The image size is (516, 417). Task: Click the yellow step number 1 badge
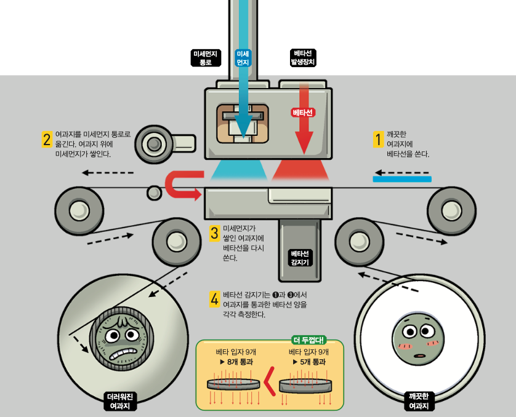click(379, 140)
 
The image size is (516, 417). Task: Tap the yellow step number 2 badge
click(47, 140)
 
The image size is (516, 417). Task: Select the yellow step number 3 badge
click(214, 233)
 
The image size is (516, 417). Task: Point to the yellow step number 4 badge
click(214, 299)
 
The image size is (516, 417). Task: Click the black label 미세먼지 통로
click(206, 58)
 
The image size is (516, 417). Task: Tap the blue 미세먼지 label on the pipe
click(243, 58)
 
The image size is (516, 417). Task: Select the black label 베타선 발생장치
click(303, 58)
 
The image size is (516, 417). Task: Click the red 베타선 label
click(303, 113)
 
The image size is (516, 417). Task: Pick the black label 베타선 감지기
click(300, 258)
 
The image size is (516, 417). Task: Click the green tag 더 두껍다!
click(309, 340)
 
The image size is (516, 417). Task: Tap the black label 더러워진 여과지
click(120, 401)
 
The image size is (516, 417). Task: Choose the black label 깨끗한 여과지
click(419, 401)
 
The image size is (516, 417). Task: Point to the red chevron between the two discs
click(270, 381)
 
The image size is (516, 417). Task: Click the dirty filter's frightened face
click(122, 340)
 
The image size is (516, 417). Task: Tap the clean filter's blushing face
click(419, 339)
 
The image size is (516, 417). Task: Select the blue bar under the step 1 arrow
click(402, 179)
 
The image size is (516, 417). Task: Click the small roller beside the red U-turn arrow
click(154, 193)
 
